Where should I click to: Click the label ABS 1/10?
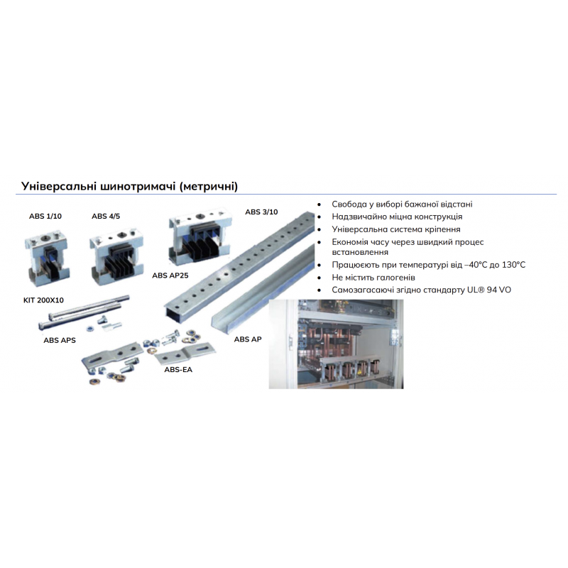point(45,217)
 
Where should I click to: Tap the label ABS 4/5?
point(106,217)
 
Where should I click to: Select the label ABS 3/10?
point(261,212)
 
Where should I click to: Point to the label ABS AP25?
point(170,275)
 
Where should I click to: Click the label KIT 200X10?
point(43,300)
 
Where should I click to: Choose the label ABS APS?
point(60,341)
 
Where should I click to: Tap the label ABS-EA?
point(178,370)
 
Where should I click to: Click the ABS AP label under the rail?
point(248,339)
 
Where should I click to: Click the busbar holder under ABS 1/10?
point(46,257)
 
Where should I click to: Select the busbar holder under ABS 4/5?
point(116,257)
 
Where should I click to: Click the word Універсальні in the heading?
point(58,186)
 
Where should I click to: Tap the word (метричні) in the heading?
point(209,187)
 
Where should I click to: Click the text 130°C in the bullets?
point(513,265)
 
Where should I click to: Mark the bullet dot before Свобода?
point(319,204)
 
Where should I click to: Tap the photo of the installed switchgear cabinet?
point(336,344)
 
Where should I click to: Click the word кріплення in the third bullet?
point(439,229)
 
